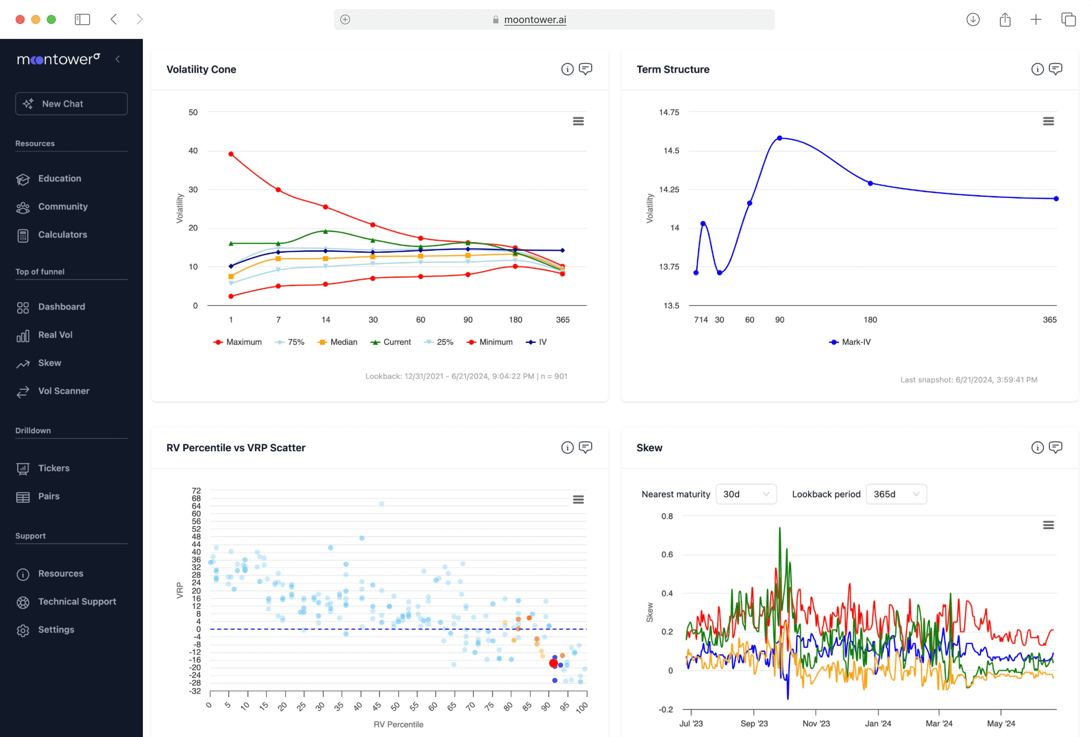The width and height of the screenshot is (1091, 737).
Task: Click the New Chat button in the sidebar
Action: [71, 104]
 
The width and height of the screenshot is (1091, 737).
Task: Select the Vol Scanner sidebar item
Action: [63, 391]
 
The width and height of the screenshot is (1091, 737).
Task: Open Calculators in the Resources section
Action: [62, 235]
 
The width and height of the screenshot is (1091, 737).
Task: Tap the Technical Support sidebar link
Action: [77, 601]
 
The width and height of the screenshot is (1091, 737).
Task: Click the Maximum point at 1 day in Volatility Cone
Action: [231, 154]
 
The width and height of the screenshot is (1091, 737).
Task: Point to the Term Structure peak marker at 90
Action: [779, 138]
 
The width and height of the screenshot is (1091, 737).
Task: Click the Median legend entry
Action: [338, 342]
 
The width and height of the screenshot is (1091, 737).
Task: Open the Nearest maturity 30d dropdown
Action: [746, 494]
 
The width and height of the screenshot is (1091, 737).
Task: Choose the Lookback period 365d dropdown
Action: [896, 494]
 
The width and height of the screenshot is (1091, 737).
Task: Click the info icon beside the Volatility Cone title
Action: [567, 69]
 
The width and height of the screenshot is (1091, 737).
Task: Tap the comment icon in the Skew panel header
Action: [1055, 448]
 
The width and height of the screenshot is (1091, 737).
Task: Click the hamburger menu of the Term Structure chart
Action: [1048, 122]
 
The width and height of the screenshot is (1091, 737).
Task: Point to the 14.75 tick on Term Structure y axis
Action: [669, 112]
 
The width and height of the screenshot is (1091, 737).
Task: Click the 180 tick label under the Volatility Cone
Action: [515, 320]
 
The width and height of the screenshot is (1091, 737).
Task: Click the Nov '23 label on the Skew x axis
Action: [816, 723]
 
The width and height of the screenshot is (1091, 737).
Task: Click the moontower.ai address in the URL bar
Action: [535, 20]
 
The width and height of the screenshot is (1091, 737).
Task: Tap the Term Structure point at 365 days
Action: [1056, 199]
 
